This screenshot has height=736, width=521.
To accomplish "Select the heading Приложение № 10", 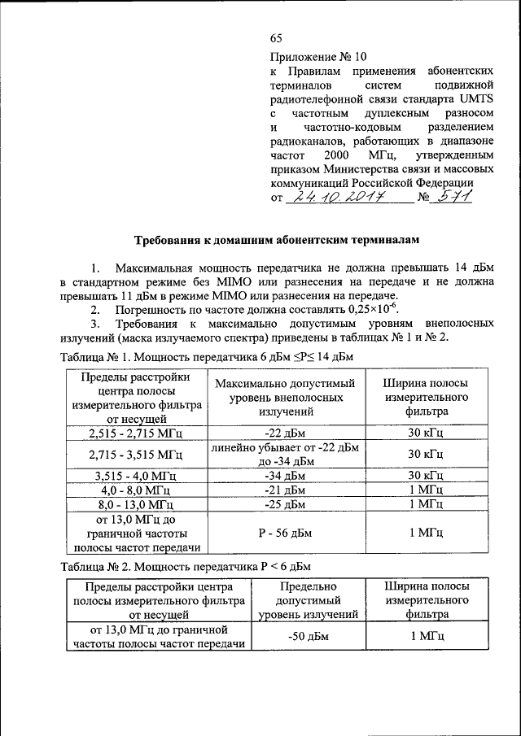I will [318, 57].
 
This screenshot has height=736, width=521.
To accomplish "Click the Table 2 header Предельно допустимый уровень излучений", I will [307, 600].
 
